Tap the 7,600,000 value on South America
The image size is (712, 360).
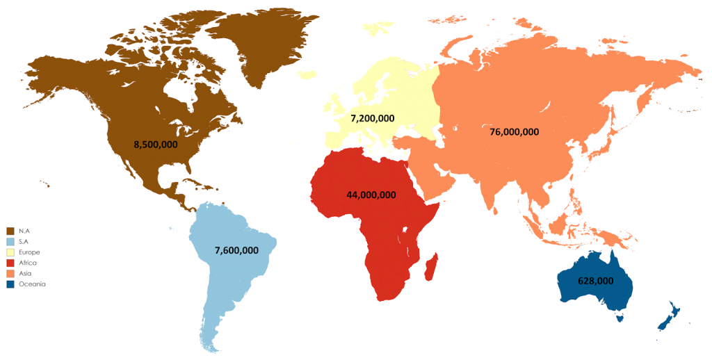point(237,250)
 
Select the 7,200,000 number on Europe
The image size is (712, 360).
point(373,118)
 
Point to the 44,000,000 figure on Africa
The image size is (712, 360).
point(371,195)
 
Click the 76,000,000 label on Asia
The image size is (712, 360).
point(515,131)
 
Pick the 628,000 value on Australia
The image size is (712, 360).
point(595,281)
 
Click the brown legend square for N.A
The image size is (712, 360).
point(10,230)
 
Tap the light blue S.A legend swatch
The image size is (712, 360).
point(10,240)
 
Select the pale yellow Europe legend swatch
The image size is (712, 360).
point(10,252)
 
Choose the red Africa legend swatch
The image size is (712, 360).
point(10,263)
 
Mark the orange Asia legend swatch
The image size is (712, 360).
point(10,273)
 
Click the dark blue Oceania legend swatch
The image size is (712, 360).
point(10,284)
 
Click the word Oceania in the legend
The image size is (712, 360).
point(33,284)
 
